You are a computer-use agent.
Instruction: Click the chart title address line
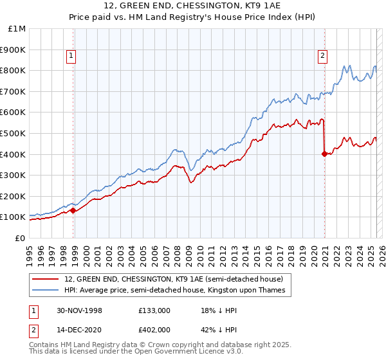[193, 6]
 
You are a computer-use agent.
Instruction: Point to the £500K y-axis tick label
[14, 133]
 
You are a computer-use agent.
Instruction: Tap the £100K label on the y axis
[14, 217]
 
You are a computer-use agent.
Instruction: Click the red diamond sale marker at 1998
[73, 210]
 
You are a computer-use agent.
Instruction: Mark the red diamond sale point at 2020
[325, 154]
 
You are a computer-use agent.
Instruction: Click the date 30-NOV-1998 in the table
[79, 310]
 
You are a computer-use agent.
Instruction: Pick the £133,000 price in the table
[154, 310]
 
